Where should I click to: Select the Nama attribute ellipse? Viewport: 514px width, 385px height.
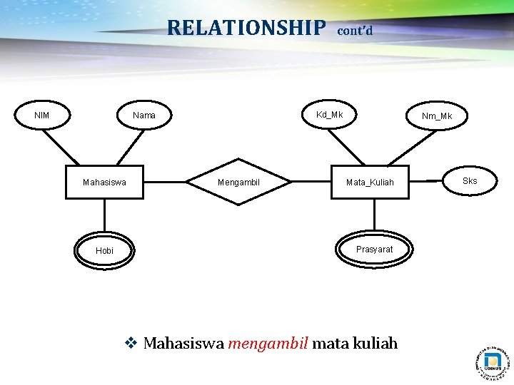(144, 115)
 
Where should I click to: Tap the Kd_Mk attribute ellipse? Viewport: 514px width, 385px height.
(330, 115)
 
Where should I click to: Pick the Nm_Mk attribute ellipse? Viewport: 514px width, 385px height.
(436, 116)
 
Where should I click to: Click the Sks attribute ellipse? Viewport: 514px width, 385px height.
(469, 181)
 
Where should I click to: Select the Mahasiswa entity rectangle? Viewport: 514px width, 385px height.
(104, 183)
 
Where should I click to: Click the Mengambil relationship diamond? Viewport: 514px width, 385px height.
(238, 183)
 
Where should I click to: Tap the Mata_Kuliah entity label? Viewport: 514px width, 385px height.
(370, 183)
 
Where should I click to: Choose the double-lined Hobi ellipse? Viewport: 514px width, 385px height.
(105, 250)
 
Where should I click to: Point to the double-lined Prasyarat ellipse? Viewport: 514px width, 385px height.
(374, 249)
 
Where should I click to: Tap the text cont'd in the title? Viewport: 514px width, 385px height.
(354, 31)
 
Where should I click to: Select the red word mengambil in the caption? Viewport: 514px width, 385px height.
(268, 344)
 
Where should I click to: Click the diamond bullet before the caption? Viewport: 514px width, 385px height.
(131, 344)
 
